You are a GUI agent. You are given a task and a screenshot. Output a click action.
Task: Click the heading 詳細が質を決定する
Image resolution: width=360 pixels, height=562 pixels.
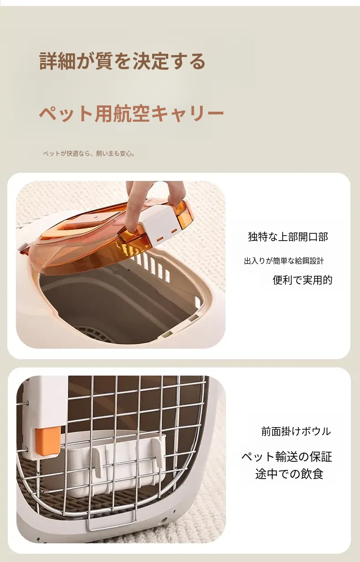(x=123, y=61)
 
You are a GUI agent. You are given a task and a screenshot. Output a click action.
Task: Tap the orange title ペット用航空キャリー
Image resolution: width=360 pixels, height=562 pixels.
(x=131, y=113)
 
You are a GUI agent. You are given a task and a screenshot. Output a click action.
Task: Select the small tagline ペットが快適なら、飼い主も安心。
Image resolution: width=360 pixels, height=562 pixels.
(x=89, y=154)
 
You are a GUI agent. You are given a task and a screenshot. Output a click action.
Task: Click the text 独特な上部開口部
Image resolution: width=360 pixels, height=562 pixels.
(x=288, y=237)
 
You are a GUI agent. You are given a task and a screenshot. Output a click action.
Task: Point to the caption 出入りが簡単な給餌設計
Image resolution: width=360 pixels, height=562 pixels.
(x=284, y=261)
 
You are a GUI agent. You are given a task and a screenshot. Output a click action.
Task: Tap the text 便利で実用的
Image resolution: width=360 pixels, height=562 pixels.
(x=303, y=280)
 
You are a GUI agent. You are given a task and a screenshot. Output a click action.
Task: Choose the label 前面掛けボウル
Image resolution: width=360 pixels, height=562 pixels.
(x=296, y=432)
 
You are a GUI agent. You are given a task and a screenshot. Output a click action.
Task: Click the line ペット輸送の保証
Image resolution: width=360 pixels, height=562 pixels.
(x=287, y=457)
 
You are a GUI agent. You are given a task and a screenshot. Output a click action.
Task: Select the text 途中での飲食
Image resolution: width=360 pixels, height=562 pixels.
(x=289, y=474)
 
